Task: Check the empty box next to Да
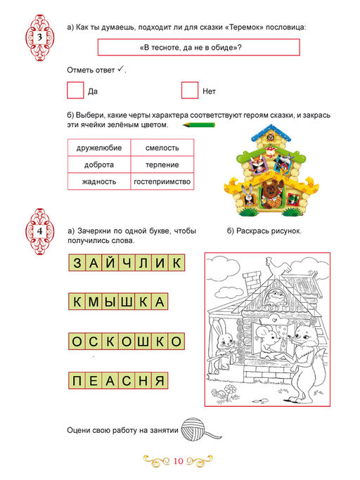click(x=75, y=91)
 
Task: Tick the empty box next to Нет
click(x=189, y=91)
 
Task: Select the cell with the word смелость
click(x=162, y=148)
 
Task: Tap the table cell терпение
click(x=162, y=165)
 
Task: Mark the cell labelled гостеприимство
click(x=162, y=182)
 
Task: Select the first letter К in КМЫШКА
click(x=76, y=302)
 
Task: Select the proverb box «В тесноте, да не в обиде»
click(x=198, y=48)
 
